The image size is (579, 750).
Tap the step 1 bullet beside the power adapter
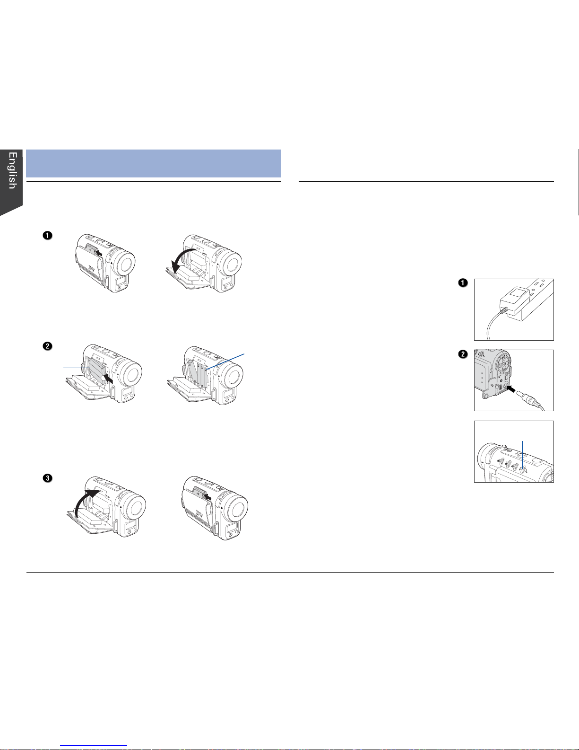(x=463, y=282)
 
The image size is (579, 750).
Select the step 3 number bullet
(x=48, y=478)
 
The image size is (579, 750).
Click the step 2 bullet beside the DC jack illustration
(x=463, y=354)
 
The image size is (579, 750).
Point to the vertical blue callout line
(x=523, y=456)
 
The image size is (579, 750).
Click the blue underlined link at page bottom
(x=94, y=746)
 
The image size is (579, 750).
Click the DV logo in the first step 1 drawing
(x=92, y=268)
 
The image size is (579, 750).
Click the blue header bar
(x=153, y=163)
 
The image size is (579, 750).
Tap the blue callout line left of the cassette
(x=77, y=368)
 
